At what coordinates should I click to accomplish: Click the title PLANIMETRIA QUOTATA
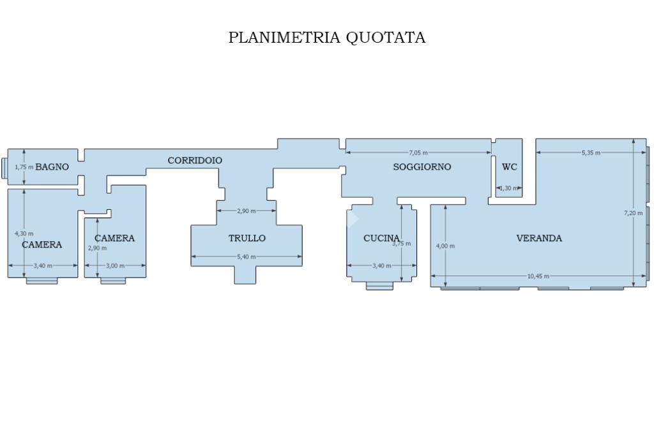[x=327, y=38]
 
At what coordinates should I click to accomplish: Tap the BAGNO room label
[x=52, y=167]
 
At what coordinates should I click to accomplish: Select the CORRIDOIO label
[x=195, y=160]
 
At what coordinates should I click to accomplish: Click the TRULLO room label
[x=247, y=239]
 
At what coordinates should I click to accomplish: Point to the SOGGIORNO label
[x=422, y=167]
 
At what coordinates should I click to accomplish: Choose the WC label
[x=509, y=167]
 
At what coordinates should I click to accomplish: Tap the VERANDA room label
[x=539, y=239]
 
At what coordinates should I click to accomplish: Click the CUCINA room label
[x=381, y=239]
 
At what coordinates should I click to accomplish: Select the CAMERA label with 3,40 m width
[x=42, y=245]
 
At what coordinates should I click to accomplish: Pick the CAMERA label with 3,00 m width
[x=115, y=239]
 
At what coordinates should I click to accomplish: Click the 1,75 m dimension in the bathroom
[x=24, y=167]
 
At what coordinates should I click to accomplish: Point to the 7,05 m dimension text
[x=418, y=152]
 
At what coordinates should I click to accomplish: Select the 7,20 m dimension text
[x=633, y=213]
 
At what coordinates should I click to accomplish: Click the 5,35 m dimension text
[x=591, y=152]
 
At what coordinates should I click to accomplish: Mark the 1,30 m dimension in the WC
[x=509, y=188]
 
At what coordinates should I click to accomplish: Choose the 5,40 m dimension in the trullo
[x=247, y=257]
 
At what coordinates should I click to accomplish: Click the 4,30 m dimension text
[x=24, y=233]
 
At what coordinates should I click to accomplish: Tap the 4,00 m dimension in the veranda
[x=445, y=246]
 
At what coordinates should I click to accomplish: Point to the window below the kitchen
[x=379, y=286]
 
